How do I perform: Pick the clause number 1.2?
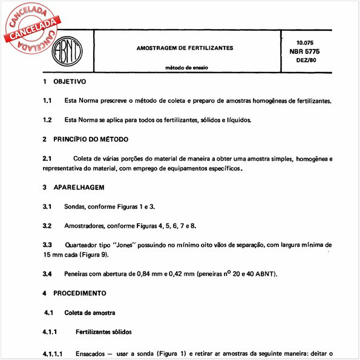tap(47, 120)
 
